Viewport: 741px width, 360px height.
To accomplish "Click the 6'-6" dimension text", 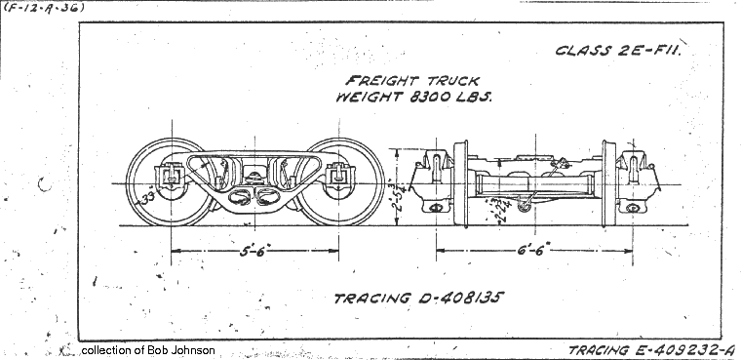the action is pos(534,251).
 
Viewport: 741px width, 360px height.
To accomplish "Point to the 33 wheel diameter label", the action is pos(148,198).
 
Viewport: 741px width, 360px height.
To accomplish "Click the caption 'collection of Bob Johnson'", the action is pos(148,350).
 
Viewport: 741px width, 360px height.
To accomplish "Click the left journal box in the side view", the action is pos(171,179).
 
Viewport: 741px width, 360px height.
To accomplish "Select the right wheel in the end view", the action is pos(610,185).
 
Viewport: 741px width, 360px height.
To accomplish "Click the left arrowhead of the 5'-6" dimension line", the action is pos(175,251).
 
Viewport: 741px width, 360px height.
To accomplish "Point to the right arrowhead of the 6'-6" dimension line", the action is pos(629,251).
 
